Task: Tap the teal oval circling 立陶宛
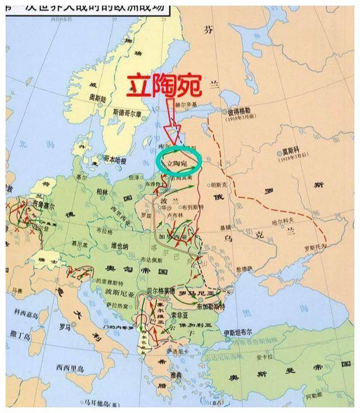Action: pos(179,159)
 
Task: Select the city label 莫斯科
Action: pos(292,152)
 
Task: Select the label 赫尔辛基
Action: pos(188,105)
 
